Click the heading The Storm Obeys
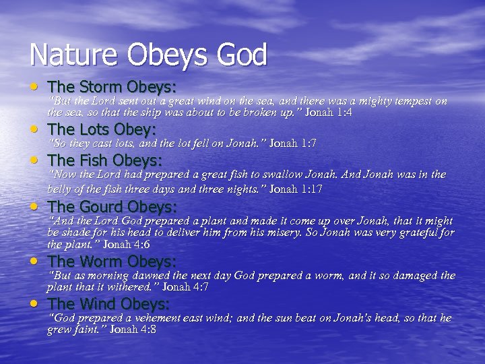(112, 87)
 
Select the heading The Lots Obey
(102, 129)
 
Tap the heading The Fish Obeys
(105, 160)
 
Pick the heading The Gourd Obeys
(112, 206)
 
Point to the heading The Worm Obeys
(112, 261)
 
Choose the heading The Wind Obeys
(109, 303)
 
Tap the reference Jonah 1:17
(296, 189)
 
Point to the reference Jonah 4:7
(186, 286)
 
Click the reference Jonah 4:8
(133, 330)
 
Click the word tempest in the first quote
(410, 101)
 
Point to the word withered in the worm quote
(134, 286)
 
